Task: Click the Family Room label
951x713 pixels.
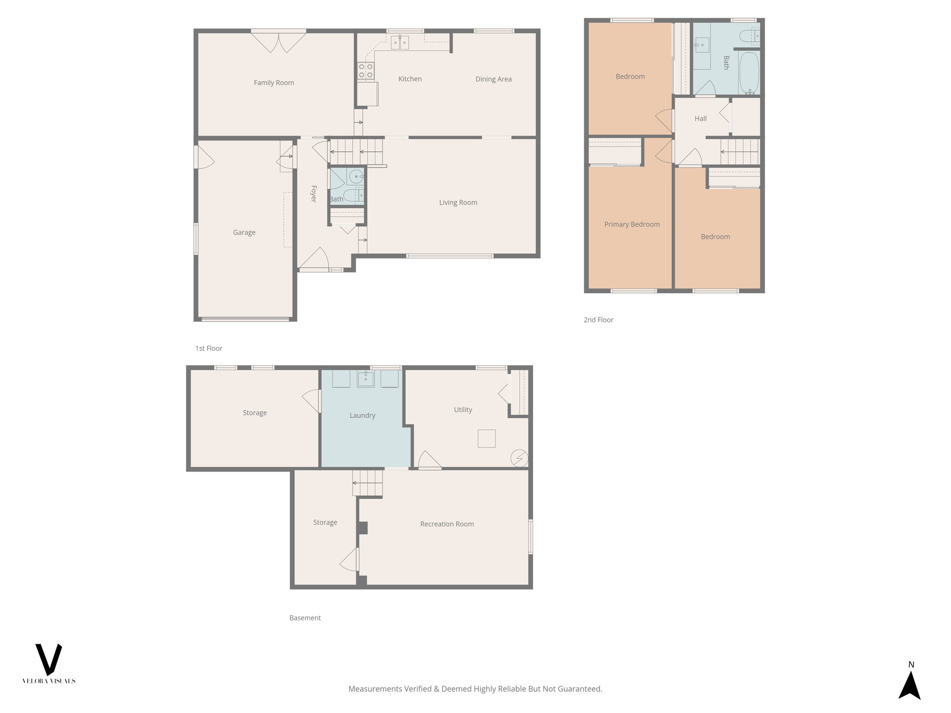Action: pos(274,83)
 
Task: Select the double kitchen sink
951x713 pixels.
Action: pos(400,43)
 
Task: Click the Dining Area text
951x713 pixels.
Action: pos(493,79)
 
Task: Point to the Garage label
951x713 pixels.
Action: pos(244,233)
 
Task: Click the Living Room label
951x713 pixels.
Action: pos(458,202)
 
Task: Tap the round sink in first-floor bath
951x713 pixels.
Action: pos(356,177)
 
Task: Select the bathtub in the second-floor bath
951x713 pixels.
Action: pos(749,72)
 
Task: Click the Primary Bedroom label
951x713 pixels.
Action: pos(632,225)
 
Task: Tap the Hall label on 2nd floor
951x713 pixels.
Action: pos(700,119)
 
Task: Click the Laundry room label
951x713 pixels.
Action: pos(362,415)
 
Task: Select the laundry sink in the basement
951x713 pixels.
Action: pos(366,379)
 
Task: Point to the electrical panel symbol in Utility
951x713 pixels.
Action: pos(519,458)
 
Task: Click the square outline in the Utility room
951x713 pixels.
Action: pos(487,438)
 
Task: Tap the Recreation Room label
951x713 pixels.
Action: pos(447,524)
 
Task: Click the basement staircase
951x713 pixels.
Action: pos(367,483)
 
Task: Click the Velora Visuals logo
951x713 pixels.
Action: pos(49,663)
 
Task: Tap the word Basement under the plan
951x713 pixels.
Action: pos(305,618)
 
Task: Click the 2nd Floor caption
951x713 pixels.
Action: pos(598,320)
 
